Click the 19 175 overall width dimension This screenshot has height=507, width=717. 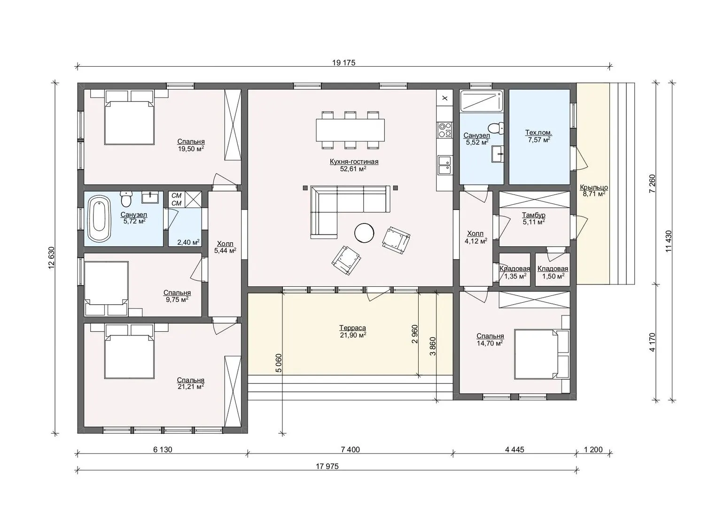(x=344, y=63)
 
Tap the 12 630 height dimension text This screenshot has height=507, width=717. (x=52, y=258)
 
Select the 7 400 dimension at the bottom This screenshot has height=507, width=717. (x=351, y=450)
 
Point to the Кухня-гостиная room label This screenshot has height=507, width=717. (x=354, y=161)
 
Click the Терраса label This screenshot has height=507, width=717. (x=352, y=328)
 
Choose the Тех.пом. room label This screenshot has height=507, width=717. (x=539, y=132)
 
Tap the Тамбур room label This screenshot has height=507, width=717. (x=534, y=215)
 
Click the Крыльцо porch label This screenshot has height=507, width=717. (x=594, y=187)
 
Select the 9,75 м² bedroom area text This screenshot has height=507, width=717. (x=177, y=300)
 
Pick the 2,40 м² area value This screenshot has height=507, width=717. (x=188, y=242)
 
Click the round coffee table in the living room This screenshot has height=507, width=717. (x=364, y=232)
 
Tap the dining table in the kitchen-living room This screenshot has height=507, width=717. (x=351, y=130)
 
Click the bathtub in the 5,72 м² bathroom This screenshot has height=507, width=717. (x=99, y=219)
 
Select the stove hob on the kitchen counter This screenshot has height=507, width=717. (x=444, y=130)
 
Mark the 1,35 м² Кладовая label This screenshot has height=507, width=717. (x=515, y=272)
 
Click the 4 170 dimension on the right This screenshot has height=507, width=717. (x=652, y=342)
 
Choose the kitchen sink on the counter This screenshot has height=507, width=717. (x=444, y=165)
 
